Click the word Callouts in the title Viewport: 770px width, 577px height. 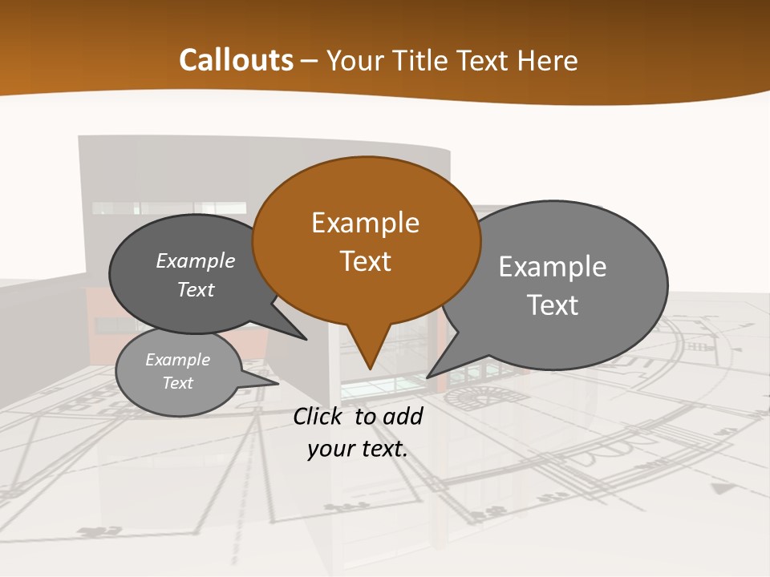(236, 60)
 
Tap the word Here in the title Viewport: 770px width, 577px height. (547, 60)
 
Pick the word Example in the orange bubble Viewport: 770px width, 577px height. (366, 222)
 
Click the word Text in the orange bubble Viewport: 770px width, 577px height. (366, 261)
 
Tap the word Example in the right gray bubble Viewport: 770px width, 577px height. (553, 266)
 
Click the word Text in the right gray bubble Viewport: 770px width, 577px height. (553, 305)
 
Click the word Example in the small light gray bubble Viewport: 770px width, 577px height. (178, 360)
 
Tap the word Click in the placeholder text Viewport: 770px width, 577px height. (320, 416)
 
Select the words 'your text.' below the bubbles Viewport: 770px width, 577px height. (358, 450)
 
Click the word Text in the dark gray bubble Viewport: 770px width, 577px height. (196, 289)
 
